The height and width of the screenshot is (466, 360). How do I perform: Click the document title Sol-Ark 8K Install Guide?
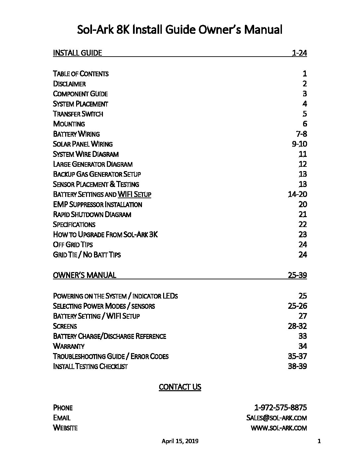tap(180, 30)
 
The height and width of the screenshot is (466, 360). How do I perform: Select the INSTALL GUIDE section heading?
tap(77, 53)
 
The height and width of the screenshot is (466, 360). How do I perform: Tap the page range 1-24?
tap(299, 53)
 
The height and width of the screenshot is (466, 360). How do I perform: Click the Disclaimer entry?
tap(69, 84)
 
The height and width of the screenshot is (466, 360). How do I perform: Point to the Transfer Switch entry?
tap(78, 114)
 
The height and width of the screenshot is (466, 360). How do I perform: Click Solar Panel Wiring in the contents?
tap(83, 144)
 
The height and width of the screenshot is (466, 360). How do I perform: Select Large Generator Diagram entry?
tap(93, 164)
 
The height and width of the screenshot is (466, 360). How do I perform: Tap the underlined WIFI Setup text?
tap(134, 194)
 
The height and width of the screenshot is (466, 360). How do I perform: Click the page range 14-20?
tap(297, 194)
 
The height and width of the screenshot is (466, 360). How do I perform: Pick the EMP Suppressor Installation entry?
tap(97, 205)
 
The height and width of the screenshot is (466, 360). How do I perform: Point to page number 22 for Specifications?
tap(302, 224)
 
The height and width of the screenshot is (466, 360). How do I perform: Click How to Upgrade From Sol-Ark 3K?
tap(105, 235)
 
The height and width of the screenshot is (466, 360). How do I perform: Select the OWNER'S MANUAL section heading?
tap(84, 275)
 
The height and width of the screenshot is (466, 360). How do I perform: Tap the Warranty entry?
tap(68, 346)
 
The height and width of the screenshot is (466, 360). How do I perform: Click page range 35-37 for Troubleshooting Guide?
tap(297, 356)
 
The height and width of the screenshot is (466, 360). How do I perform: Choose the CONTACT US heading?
tap(180, 387)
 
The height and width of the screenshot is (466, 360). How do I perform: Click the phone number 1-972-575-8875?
tap(280, 407)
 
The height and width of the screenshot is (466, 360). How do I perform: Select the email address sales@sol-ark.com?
tap(277, 418)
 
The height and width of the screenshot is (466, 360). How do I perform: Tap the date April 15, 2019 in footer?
tap(180, 441)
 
